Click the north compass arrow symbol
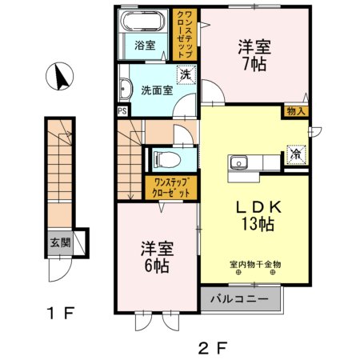(60, 78)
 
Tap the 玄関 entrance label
(61, 242)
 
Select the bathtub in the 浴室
(144, 22)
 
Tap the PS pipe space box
(122, 110)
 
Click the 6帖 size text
(156, 266)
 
